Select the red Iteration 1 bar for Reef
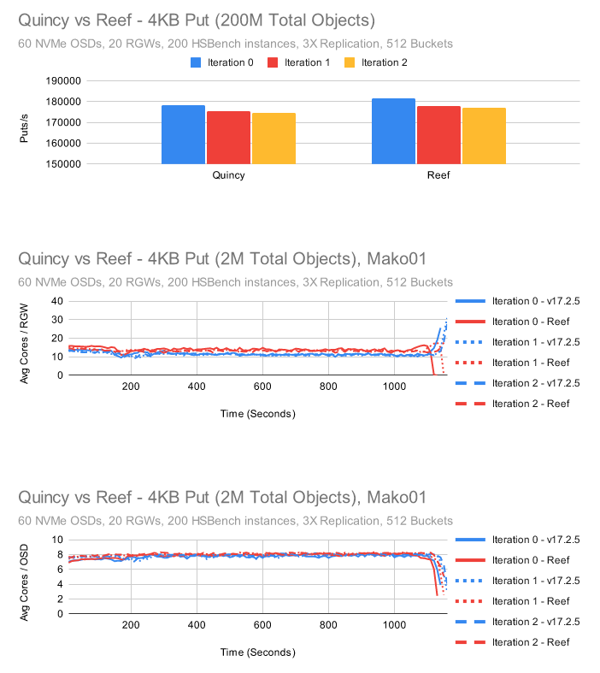pyautogui.click(x=438, y=135)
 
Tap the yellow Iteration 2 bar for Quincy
pyautogui.click(x=274, y=138)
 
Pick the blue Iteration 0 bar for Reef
pyautogui.click(x=393, y=131)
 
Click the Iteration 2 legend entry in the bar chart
pyautogui.click(x=379, y=62)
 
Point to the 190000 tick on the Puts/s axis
pyautogui.click(x=62, y=81)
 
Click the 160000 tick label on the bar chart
pyautogui.click(x=62, y=143)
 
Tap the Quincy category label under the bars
pyautogui.click(x=228, y=175)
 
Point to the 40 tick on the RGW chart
pyautogui.click(x=58, y=301)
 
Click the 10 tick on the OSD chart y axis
pyautogui.click(x=58, y=540)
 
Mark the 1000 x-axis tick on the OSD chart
pyautogui.click(x=394, y=625)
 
